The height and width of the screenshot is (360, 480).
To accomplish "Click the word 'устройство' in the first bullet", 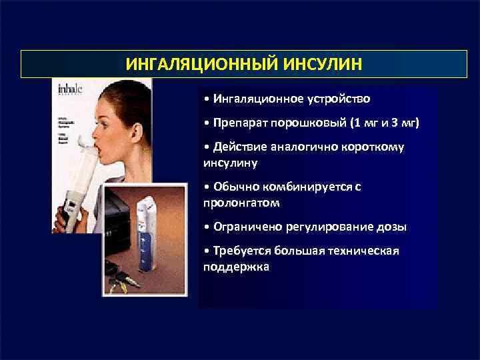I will click(337, 99).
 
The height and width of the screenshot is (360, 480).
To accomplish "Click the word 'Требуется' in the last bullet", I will click(239, 251).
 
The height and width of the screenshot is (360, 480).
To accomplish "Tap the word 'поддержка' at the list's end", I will click(236, 265).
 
